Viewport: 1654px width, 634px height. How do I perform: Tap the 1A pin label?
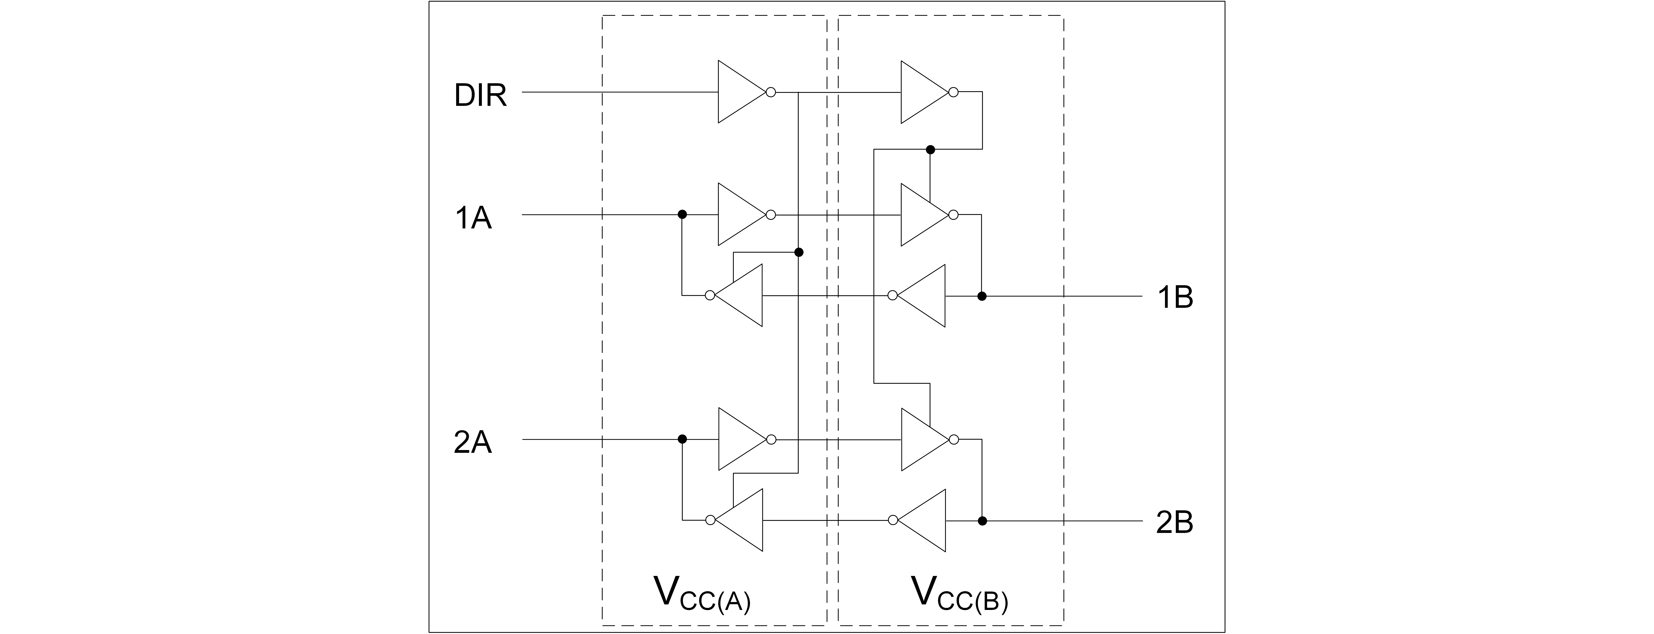473,218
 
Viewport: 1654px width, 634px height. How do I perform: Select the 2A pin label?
472,443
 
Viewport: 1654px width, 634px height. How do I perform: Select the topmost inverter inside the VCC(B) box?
921,92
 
